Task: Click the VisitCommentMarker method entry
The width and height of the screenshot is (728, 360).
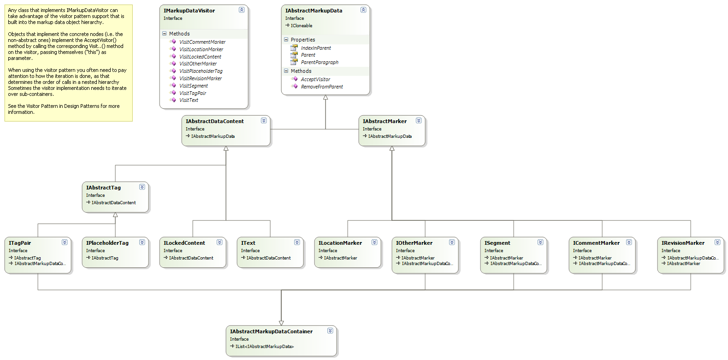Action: pyautogui.click(x=202, y=42)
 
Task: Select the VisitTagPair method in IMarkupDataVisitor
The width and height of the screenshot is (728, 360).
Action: pyautogui.click(x=192, y=93)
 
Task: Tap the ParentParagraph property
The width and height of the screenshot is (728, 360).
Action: pyautogui.click(x=319, y=62)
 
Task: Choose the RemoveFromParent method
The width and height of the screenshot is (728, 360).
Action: pyautogui.click(x=321, y=87)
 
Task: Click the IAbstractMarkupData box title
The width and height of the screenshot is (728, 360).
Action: pyautogui.click(x=314, y=11)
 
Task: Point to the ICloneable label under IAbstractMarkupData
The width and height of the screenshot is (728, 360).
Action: pyautogui.click(x=301, y=26)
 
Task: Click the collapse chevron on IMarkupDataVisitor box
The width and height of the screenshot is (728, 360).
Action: pyautogui.click(x=242, y=10)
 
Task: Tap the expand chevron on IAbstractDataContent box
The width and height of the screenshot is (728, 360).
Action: pyautogui.click(x=264, y=120)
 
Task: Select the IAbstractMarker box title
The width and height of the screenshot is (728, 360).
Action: pyautogui.click(x=385, y=121)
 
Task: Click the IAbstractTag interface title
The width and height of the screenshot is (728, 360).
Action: pyautogui.click(x=103, y=188)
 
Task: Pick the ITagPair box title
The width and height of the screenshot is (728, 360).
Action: pyautogui.click(x=20, y=243)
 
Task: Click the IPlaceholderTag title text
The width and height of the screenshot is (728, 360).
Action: pyautogui.click(x=107, y=243)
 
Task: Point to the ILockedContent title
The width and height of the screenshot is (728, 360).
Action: pyautogui.click(x=184, y=243)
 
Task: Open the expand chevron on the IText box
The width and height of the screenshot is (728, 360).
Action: pyautogui.click(x=297, y=242)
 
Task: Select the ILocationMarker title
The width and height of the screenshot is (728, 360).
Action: pyautogui.click(x=340, y=243)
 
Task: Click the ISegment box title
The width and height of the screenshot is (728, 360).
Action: pyautogui.click(x=497, y=243)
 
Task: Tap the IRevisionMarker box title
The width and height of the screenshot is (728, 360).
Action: pyautogui.click(x=682, y=243)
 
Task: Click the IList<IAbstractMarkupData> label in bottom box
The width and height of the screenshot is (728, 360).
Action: pyautogui.click(x=264, y=347)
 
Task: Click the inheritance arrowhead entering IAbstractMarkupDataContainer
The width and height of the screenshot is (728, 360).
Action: pyautogui.click(x=281, y=323)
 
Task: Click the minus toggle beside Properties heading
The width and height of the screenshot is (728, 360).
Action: pyautogui.click(x=286, y=40)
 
